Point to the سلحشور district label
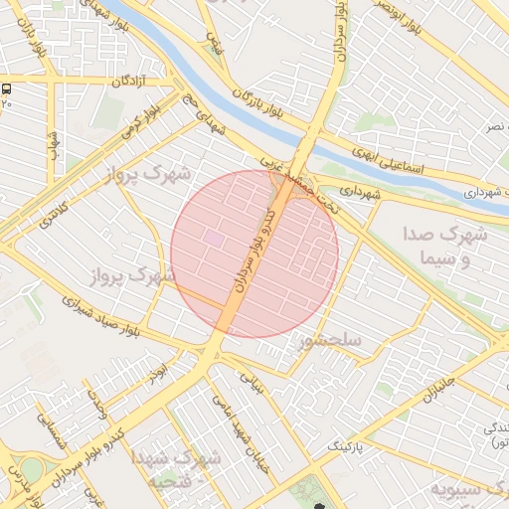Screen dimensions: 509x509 point(329,341)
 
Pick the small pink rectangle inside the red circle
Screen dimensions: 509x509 point(214,239)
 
